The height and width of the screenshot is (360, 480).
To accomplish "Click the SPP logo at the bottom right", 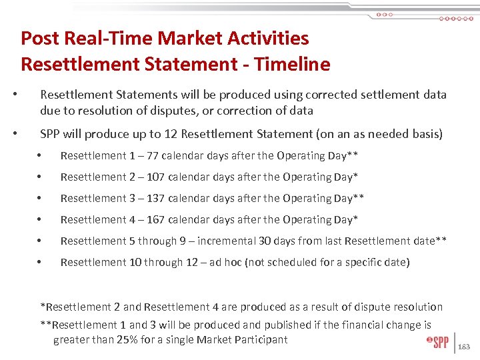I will [x=437, y=342].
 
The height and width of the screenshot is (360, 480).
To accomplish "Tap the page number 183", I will [x=466, y=347].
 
